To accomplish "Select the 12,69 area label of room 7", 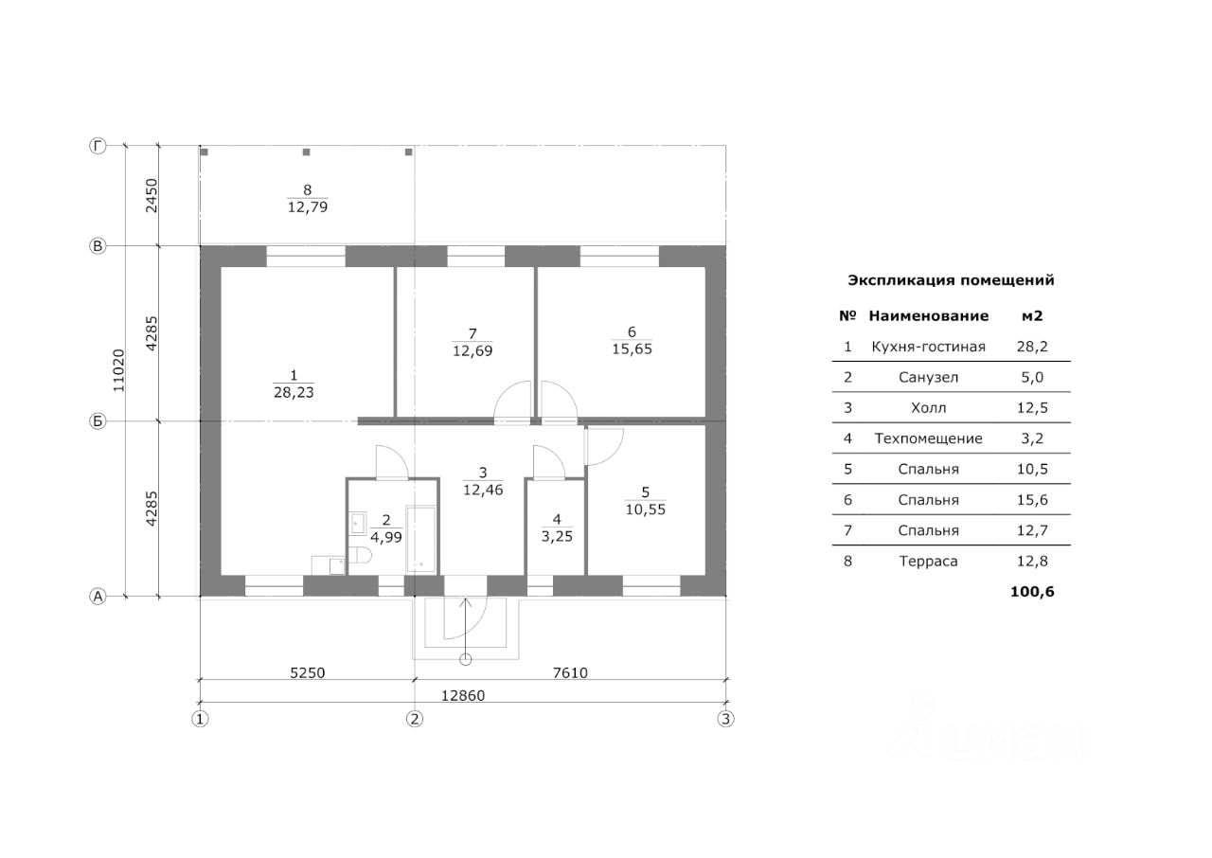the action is coord(472,350).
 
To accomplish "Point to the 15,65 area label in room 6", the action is coord(632,349).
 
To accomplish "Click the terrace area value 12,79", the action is coord(307,206).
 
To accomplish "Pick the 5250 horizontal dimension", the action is coord(307,673).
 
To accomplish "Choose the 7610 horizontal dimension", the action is coord(570,673).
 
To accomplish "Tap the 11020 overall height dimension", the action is coord(118,370).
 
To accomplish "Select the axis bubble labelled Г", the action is coord(97,146).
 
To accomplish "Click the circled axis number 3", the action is coord(725,718).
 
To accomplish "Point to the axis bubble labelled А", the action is coord(97,597).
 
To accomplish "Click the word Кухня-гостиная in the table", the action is coord(928,347).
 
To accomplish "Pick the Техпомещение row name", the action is coord(928,438).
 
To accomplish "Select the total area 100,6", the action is coord(1033,592).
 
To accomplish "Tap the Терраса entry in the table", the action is coord(928,561).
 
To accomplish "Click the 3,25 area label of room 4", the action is coord(557,535).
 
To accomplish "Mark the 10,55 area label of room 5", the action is coord(645,508).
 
